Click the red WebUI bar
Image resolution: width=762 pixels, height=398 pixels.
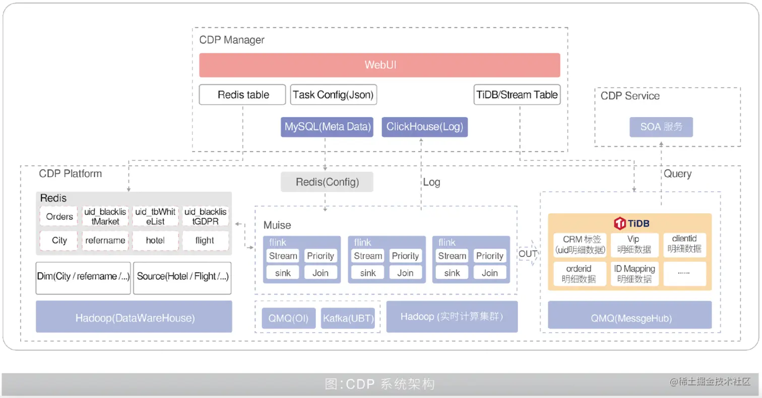click(x=379, y=65)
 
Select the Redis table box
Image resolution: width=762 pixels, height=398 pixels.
click(x=242, y=95)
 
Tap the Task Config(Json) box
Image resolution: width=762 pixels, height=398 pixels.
click(x=334, y=95)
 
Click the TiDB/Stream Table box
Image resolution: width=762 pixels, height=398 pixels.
click(x=517, y=95)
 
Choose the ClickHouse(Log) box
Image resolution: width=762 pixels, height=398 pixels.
click(x=424, y=127)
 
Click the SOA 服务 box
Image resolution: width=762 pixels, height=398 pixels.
click(x=661, y=127)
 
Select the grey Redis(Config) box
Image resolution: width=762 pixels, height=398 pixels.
click(x=327, y=182)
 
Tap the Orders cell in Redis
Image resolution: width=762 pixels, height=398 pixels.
click(x=59, y=216)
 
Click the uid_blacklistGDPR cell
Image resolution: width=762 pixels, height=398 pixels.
click(x=205, y=216)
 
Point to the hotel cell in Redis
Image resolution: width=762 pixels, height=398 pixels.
click(x=156, y=241)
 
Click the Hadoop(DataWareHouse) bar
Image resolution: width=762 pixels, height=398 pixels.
click(x=134, y=317)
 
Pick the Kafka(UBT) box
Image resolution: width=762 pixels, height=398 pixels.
click(x=349, y=318)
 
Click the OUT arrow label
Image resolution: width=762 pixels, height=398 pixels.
click(x=528, y=254)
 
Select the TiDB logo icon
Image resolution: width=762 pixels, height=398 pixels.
click(x=620, y=223)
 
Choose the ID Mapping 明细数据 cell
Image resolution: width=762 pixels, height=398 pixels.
click(x=635, y=274)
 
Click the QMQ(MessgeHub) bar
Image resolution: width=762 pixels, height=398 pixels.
click(x=629, y=317)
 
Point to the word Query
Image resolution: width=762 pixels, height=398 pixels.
click(x=677, y=174)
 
